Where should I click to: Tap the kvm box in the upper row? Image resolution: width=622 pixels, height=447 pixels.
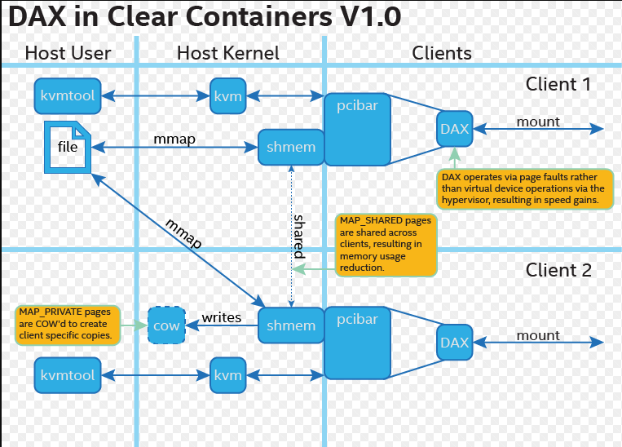pyautogui.click(x=227, y=96)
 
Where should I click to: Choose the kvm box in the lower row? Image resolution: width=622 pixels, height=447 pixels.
pyautogui.click(x=227, y=375)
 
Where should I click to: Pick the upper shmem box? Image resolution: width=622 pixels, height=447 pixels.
pyautogui.click(x=291, y=148)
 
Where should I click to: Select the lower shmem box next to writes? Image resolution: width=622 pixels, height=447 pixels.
pyautogui.click(x=291, y=325)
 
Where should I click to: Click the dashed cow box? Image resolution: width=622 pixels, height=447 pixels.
pyautogui.click(x=167, y=325)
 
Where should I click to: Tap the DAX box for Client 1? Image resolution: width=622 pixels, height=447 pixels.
pyautogui.click(x=454, y=129)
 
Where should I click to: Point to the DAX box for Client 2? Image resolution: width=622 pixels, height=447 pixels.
pyautogui.click(x=454, y=343)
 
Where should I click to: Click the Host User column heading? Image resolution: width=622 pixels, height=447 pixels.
pyautogui.click(x=68, y=54)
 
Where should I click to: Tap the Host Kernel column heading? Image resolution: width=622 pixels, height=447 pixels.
pyautogui.click(x=228, y=54)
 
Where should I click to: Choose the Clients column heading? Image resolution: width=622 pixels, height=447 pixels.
pyautogui.click(x=442, y=54)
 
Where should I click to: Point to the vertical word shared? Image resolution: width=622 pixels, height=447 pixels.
pyautogui.click(x=299, y=237)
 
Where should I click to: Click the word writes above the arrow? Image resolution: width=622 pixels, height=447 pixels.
pyautogui.click(x=222, y=316)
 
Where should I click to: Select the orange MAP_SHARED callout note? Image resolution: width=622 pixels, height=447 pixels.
pyautogui.click(x=386, y=244)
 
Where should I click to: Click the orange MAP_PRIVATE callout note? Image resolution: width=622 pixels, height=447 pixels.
pyautogui.click(x=68, y=324)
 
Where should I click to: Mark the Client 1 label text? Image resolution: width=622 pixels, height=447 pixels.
pyautogui.click(x=558, y=84)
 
